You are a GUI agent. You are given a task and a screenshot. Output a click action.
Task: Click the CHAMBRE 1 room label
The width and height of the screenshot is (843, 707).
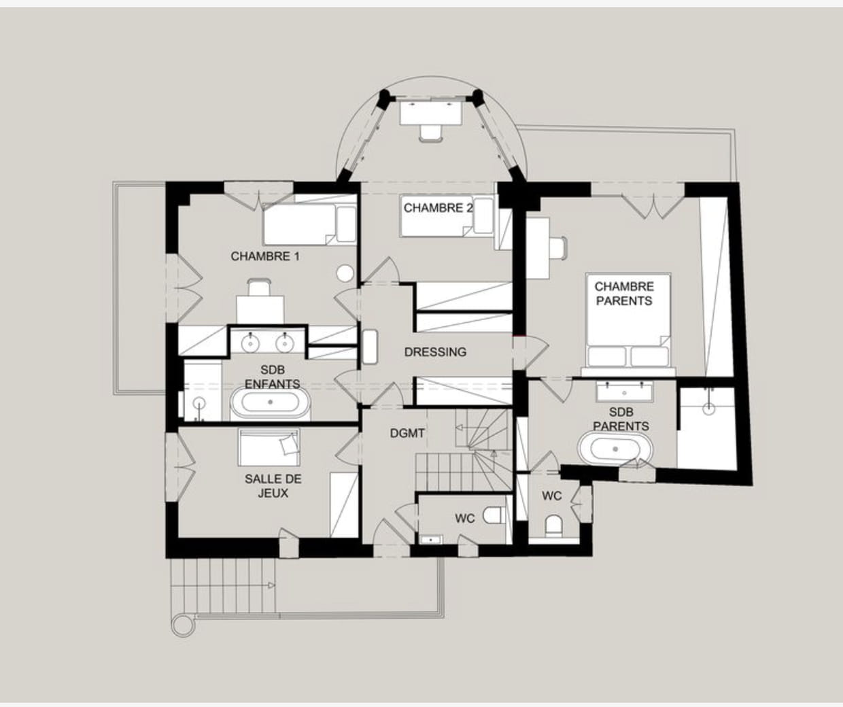click(x=265, y=256)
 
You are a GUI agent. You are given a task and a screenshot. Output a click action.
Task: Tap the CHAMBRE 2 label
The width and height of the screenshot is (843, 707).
click(x=438, y=208)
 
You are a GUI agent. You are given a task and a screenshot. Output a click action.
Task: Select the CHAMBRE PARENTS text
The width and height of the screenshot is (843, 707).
click(x=624, y=294)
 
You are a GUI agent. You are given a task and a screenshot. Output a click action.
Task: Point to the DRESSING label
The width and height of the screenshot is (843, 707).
click(x=435, y=352)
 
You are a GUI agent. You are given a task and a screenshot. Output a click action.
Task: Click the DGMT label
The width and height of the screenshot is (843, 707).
click(x=407, y=433)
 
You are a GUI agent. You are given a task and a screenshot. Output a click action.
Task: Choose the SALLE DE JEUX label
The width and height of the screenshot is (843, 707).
click(x=273, y=486)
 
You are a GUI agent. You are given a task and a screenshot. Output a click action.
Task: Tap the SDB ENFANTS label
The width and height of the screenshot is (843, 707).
click(x=273, y=377)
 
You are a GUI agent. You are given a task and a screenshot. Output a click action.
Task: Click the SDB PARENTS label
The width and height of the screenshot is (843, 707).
click(x=621, y=419)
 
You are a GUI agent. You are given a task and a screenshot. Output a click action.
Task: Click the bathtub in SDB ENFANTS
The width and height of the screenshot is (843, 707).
click(x=270, y=402)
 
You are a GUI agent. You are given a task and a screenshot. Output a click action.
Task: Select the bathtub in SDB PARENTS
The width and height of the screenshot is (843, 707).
click(x=615, y=449)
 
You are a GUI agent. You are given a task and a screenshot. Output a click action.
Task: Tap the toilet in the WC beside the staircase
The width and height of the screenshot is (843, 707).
click(x=493, y=515)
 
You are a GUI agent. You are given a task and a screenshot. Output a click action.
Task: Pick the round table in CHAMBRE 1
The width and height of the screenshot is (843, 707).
click(x=345, y=273)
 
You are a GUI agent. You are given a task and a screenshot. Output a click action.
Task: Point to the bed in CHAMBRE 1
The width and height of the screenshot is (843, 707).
click(x=309, y=224)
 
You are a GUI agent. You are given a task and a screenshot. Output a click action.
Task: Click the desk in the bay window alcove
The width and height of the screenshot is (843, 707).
click(x=431, y=113)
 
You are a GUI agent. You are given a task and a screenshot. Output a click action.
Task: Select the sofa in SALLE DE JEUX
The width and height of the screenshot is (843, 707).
click(x=269, y=447)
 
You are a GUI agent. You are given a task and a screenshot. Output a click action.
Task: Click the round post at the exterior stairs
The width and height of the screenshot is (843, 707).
click(x=183, y=626)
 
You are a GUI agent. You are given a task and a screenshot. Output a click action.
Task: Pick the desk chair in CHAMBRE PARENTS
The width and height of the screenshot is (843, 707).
click(x=558, y=247)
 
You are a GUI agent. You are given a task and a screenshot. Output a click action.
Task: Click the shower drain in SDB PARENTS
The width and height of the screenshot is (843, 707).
click(x=708, y=409)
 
